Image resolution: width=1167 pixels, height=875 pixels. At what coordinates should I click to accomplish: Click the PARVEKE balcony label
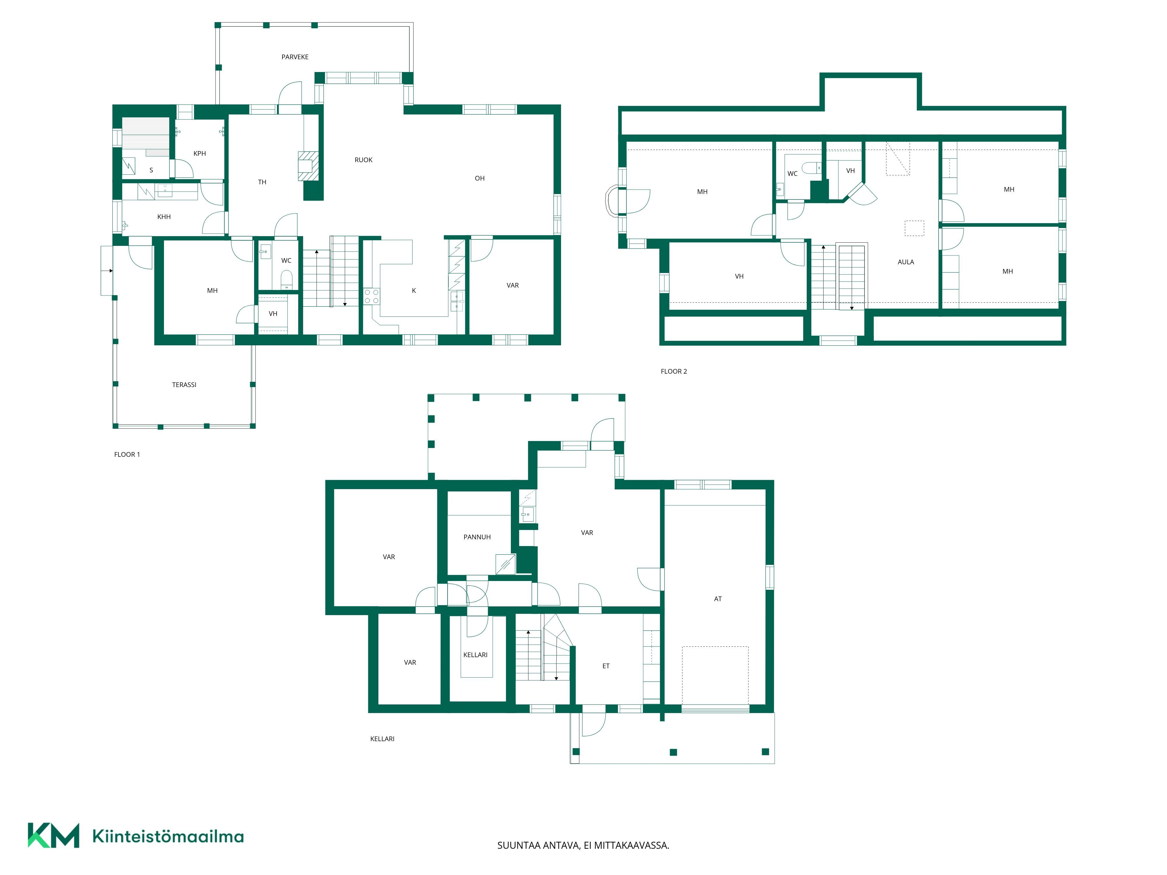tap(295, 57)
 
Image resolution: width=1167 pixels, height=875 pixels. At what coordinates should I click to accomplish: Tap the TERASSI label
tap(184, 385)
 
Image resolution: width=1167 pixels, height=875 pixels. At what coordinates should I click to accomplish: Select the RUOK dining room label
tap(364, 160)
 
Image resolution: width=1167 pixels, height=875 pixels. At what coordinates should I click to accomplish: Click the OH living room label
tap(480, 178)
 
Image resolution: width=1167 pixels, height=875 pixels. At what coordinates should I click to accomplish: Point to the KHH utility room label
tap(164, 217)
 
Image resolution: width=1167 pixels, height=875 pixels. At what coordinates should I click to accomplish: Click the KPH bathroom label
tap(200, 153)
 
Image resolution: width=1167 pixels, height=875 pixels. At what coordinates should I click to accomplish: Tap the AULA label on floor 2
tap(906, 262)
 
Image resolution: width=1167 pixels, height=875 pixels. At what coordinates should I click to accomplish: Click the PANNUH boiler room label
tap(477, 537)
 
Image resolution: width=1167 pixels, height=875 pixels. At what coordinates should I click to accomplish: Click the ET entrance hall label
tap(606, 666)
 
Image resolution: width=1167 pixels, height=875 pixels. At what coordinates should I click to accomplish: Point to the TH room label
tap(262, 183)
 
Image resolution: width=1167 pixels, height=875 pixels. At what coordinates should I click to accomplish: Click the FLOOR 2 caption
tap(674, 371)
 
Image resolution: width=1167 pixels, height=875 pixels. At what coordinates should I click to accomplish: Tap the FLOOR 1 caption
tap(127, 455)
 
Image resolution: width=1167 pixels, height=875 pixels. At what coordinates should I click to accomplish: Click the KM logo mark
tap(53, 835)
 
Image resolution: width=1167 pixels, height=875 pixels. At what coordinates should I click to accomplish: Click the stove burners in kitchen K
tap(371, 296)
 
